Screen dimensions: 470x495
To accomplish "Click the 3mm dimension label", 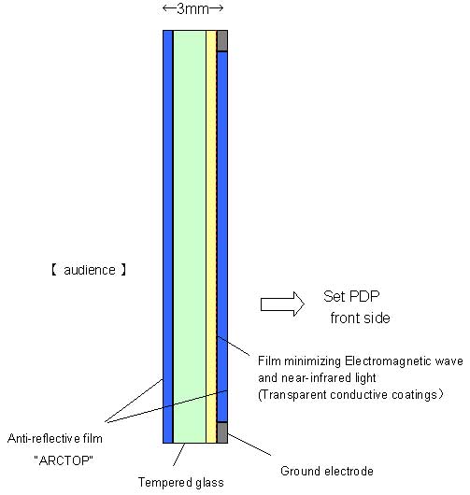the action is [192, 8].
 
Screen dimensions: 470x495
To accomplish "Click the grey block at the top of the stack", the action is [222, 40].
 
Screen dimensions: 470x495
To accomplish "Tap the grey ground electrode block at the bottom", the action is [222, 432].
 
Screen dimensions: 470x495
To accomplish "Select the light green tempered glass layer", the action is [190, 237].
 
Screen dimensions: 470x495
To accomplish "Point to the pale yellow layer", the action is [211, 237].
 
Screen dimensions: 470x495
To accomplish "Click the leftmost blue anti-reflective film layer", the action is [167, 237].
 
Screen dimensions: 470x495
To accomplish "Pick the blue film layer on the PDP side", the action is [222, 237].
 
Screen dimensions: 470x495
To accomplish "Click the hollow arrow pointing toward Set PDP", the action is [282, 304].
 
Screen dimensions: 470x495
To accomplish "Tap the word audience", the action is [90, 270].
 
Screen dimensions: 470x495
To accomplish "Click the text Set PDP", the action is [351, 296].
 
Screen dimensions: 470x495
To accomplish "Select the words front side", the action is [360, 318].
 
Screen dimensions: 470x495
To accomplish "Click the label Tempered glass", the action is [181, 482].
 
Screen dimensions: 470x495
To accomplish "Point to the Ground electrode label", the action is [327, 471].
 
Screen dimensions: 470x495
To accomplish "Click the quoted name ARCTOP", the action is [64, 460].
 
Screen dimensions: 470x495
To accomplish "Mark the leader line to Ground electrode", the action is [249, 445].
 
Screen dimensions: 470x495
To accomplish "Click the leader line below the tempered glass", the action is [178, 455].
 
